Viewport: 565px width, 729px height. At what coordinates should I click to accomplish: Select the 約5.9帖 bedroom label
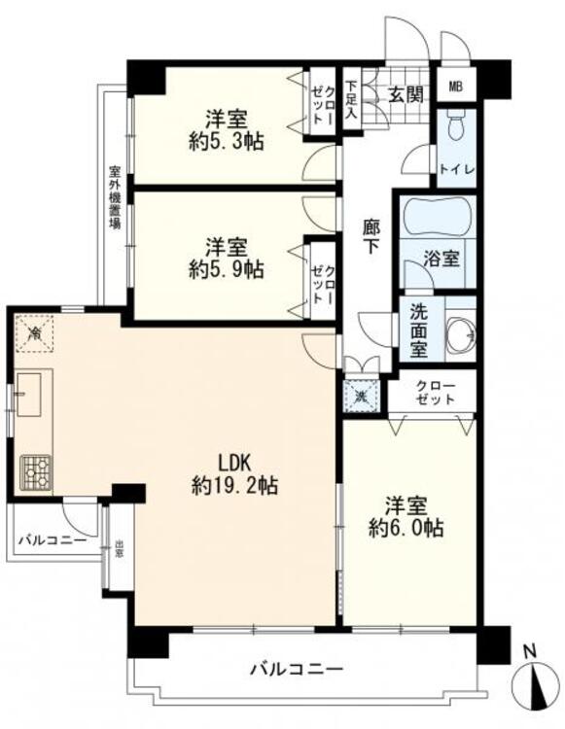click(x=226, y=259)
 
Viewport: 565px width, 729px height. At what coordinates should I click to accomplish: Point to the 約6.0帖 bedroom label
click(x=406, y=517)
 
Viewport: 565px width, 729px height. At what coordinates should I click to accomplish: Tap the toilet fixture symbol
click(x=456, y=130)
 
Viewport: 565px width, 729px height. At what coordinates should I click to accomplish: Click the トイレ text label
click(x=456, y=169)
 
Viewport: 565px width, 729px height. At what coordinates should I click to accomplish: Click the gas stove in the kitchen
click(x=38, y=471)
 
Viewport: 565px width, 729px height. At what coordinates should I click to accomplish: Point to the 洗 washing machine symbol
click(x=361, y=396)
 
